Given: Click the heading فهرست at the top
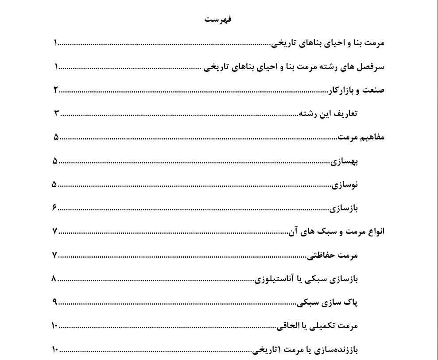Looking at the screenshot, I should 218,19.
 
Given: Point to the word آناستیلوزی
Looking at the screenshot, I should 273,279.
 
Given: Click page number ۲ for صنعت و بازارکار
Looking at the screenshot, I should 56,90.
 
